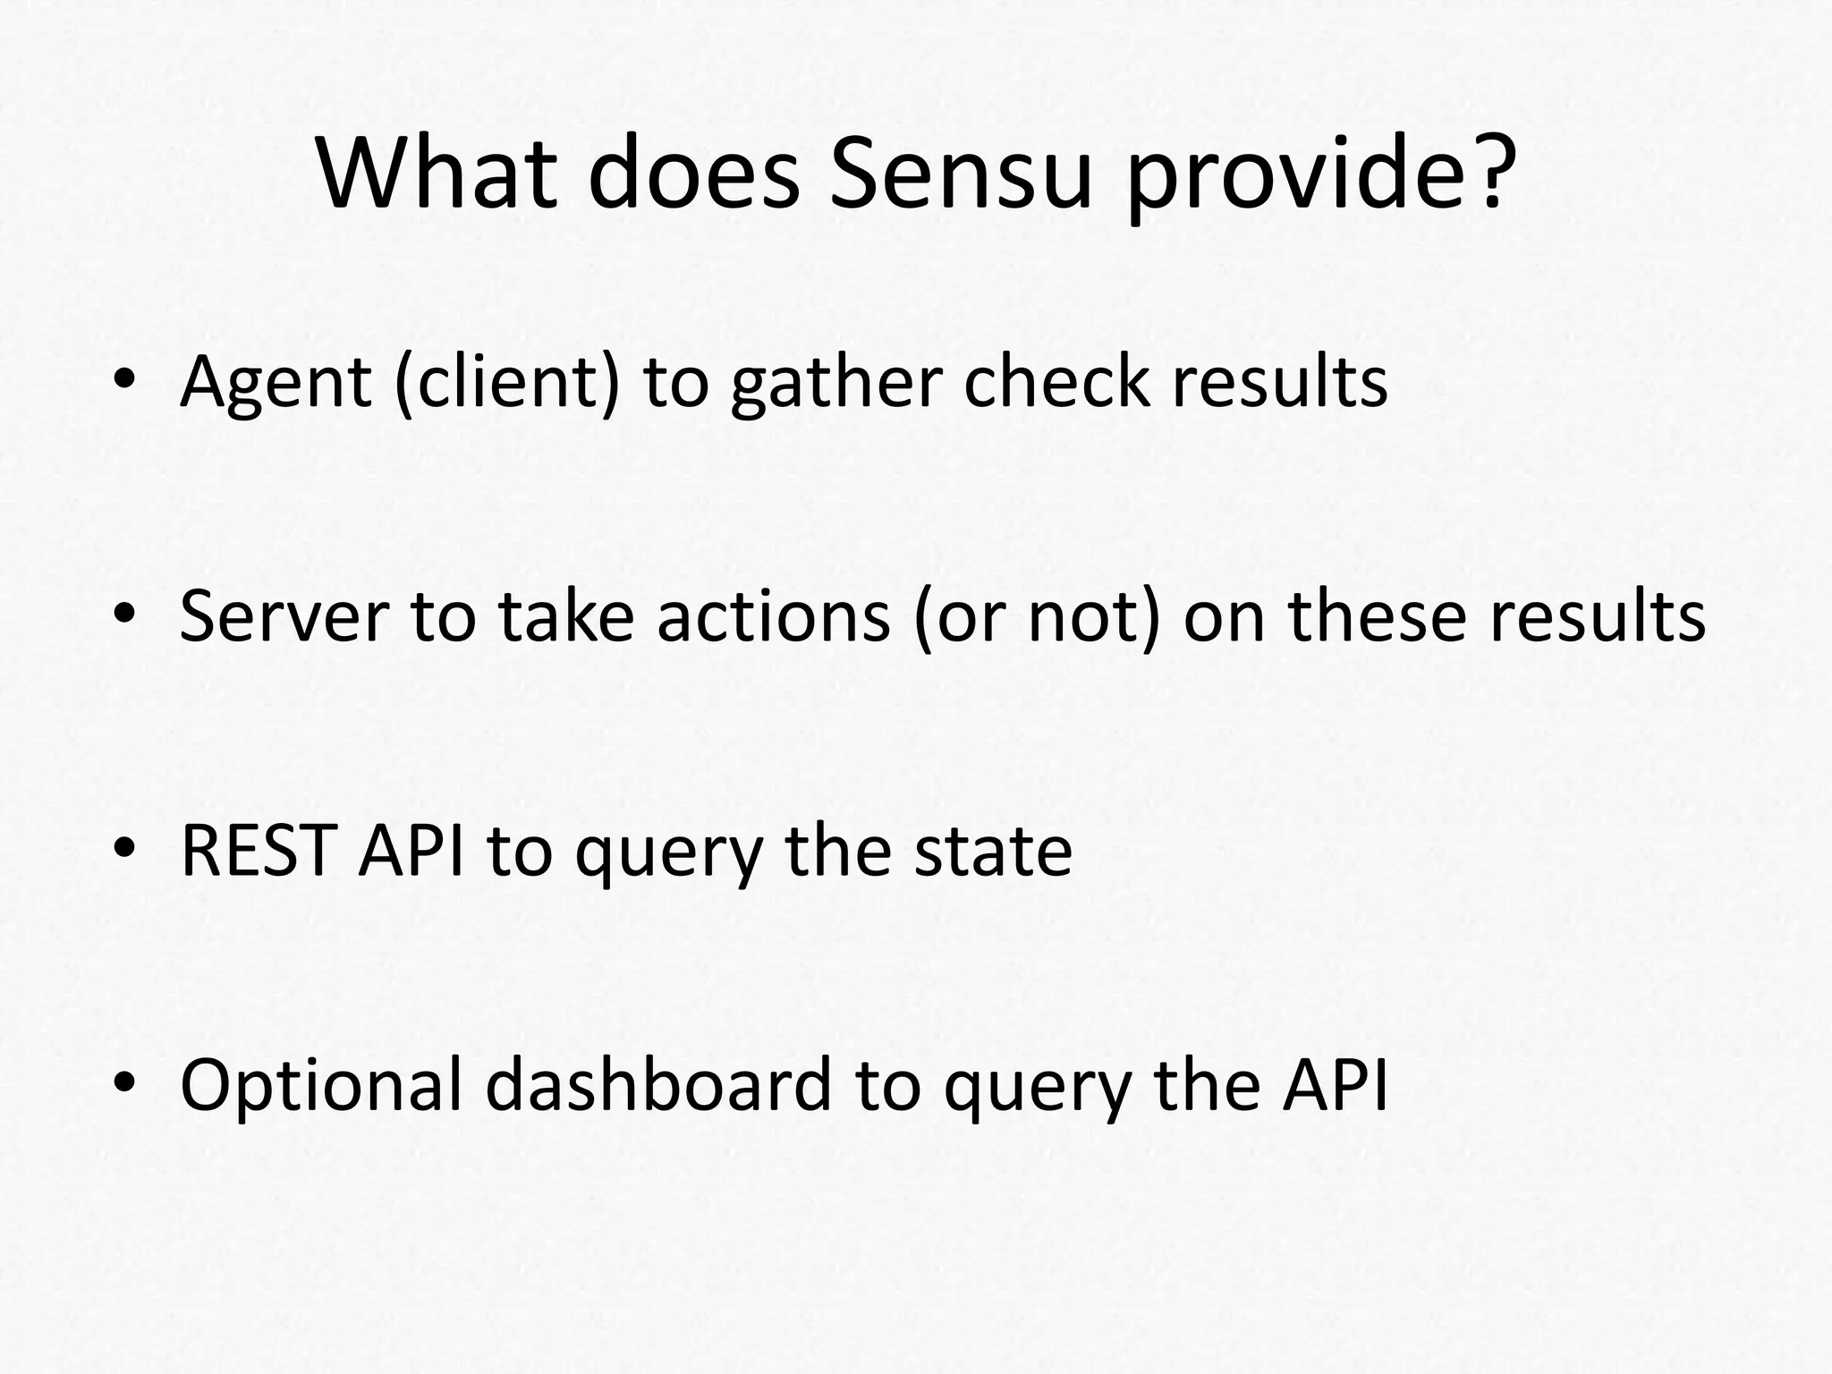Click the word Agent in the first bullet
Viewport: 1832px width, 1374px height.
[x=276, y=383]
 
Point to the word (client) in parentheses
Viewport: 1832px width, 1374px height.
[x=506, y=383]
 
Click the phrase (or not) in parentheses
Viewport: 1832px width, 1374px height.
[x=1038, y=617]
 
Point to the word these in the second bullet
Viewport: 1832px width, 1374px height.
[x=1378, y=617]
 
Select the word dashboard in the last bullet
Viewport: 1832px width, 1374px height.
[x=658, y=1085]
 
